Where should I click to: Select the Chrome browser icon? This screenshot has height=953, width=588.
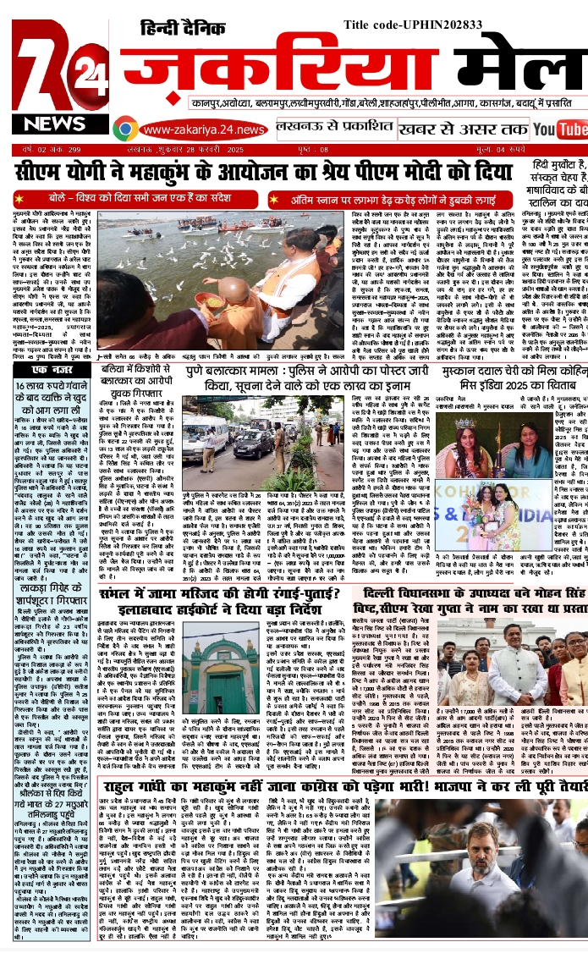coord(125,129)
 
